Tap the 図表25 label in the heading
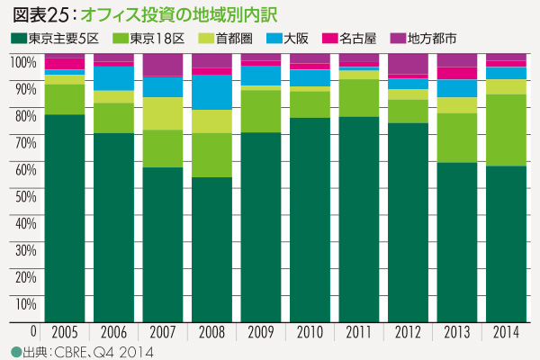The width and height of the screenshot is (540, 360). coord(38,15)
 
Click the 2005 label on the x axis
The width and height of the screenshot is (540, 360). coord(65,330)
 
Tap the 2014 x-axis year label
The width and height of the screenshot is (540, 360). coord(505,330)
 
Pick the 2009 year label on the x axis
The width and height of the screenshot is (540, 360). coord(261,330)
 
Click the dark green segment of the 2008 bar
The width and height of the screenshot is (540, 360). coord(211,247)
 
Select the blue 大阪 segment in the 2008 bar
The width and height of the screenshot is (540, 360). coord(211,92)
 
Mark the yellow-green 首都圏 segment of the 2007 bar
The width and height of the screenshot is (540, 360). coord(163,113)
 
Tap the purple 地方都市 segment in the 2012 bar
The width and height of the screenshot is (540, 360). coord(407,64)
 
